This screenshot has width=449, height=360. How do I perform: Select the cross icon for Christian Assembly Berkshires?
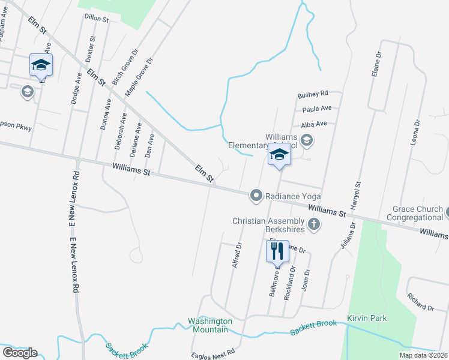(313, 224)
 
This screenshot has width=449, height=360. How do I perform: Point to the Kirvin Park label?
(367, 318)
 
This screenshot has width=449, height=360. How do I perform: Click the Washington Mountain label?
(208, 325)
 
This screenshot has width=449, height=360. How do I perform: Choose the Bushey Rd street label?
(313, 94)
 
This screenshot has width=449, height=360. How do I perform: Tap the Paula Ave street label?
(317, 109)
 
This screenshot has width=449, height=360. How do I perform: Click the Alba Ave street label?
(314, 124)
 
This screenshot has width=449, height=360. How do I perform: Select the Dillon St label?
(96, 19)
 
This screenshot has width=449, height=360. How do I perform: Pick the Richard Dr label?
(420, 302)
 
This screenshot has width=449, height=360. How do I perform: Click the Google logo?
(20, 352)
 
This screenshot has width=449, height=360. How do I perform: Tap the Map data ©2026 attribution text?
(423, 355)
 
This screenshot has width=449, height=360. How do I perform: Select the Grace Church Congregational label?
(417, 213)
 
